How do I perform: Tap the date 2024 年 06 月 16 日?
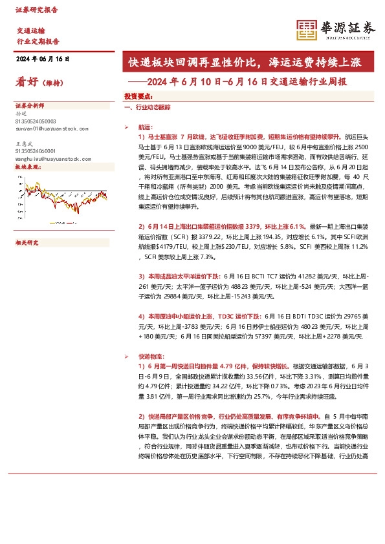[x=42, y=59]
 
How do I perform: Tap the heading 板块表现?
[x=27, y=167]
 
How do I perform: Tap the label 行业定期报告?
[x=38, y=41]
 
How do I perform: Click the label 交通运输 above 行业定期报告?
[x=30, y=31]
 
